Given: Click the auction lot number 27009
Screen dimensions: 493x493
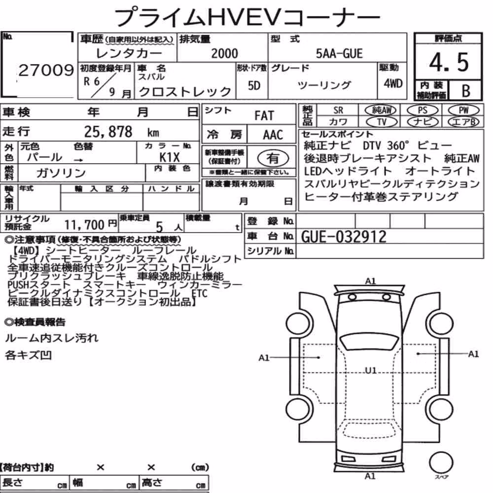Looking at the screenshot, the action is [x=46, y=70].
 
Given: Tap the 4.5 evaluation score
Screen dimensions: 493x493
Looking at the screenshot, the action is [x=449, y=62].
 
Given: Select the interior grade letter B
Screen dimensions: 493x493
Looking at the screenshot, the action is [x=466, y=91].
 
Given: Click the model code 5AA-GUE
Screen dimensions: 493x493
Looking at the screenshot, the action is [x=339, y=53].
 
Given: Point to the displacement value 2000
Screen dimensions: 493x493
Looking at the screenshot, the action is [x=224, y=53].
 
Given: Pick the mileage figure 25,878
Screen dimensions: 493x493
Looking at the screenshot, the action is [x=108, y=132].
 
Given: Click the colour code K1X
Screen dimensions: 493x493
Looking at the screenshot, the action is [x=170, y=157].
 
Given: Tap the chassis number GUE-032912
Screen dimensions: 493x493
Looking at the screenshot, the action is [x=344, y=237].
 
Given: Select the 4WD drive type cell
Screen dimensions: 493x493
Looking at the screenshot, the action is [x=393, y=83].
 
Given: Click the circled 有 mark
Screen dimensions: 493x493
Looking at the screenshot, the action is [x=273, y=158].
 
